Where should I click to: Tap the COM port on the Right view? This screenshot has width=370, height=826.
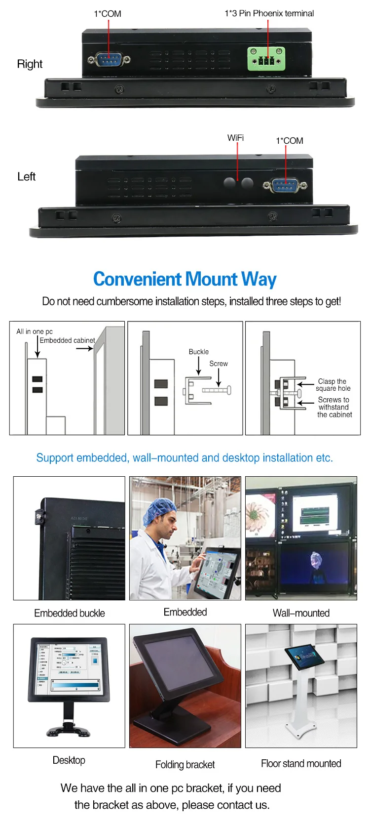coord(109,60)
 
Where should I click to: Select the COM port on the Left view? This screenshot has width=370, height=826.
coord(285,186)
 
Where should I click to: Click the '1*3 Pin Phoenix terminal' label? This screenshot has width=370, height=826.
coord(269,13)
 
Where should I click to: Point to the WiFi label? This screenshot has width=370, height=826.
coord(235,138)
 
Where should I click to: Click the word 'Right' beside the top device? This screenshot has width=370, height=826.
coord(30,64)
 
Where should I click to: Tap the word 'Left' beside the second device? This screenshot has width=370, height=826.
coord(26,177)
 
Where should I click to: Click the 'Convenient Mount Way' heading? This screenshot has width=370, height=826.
coord(185,279)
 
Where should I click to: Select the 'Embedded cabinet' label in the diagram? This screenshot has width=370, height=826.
coord(67,340)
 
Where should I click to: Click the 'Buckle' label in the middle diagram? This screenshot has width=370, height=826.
coord(198,352)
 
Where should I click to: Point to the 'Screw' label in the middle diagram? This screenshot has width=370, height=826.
coord(219,364)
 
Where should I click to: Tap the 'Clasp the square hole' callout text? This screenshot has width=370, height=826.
coord(333,385)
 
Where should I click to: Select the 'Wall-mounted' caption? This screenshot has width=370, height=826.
coord(301,613)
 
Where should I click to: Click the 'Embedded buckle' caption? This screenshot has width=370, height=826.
coord(70,613)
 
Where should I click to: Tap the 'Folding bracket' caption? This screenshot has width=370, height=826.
coord(185,765)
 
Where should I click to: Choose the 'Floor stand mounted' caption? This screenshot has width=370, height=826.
coord(301,764)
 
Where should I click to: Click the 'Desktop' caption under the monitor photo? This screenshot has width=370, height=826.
coord(69,760)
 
